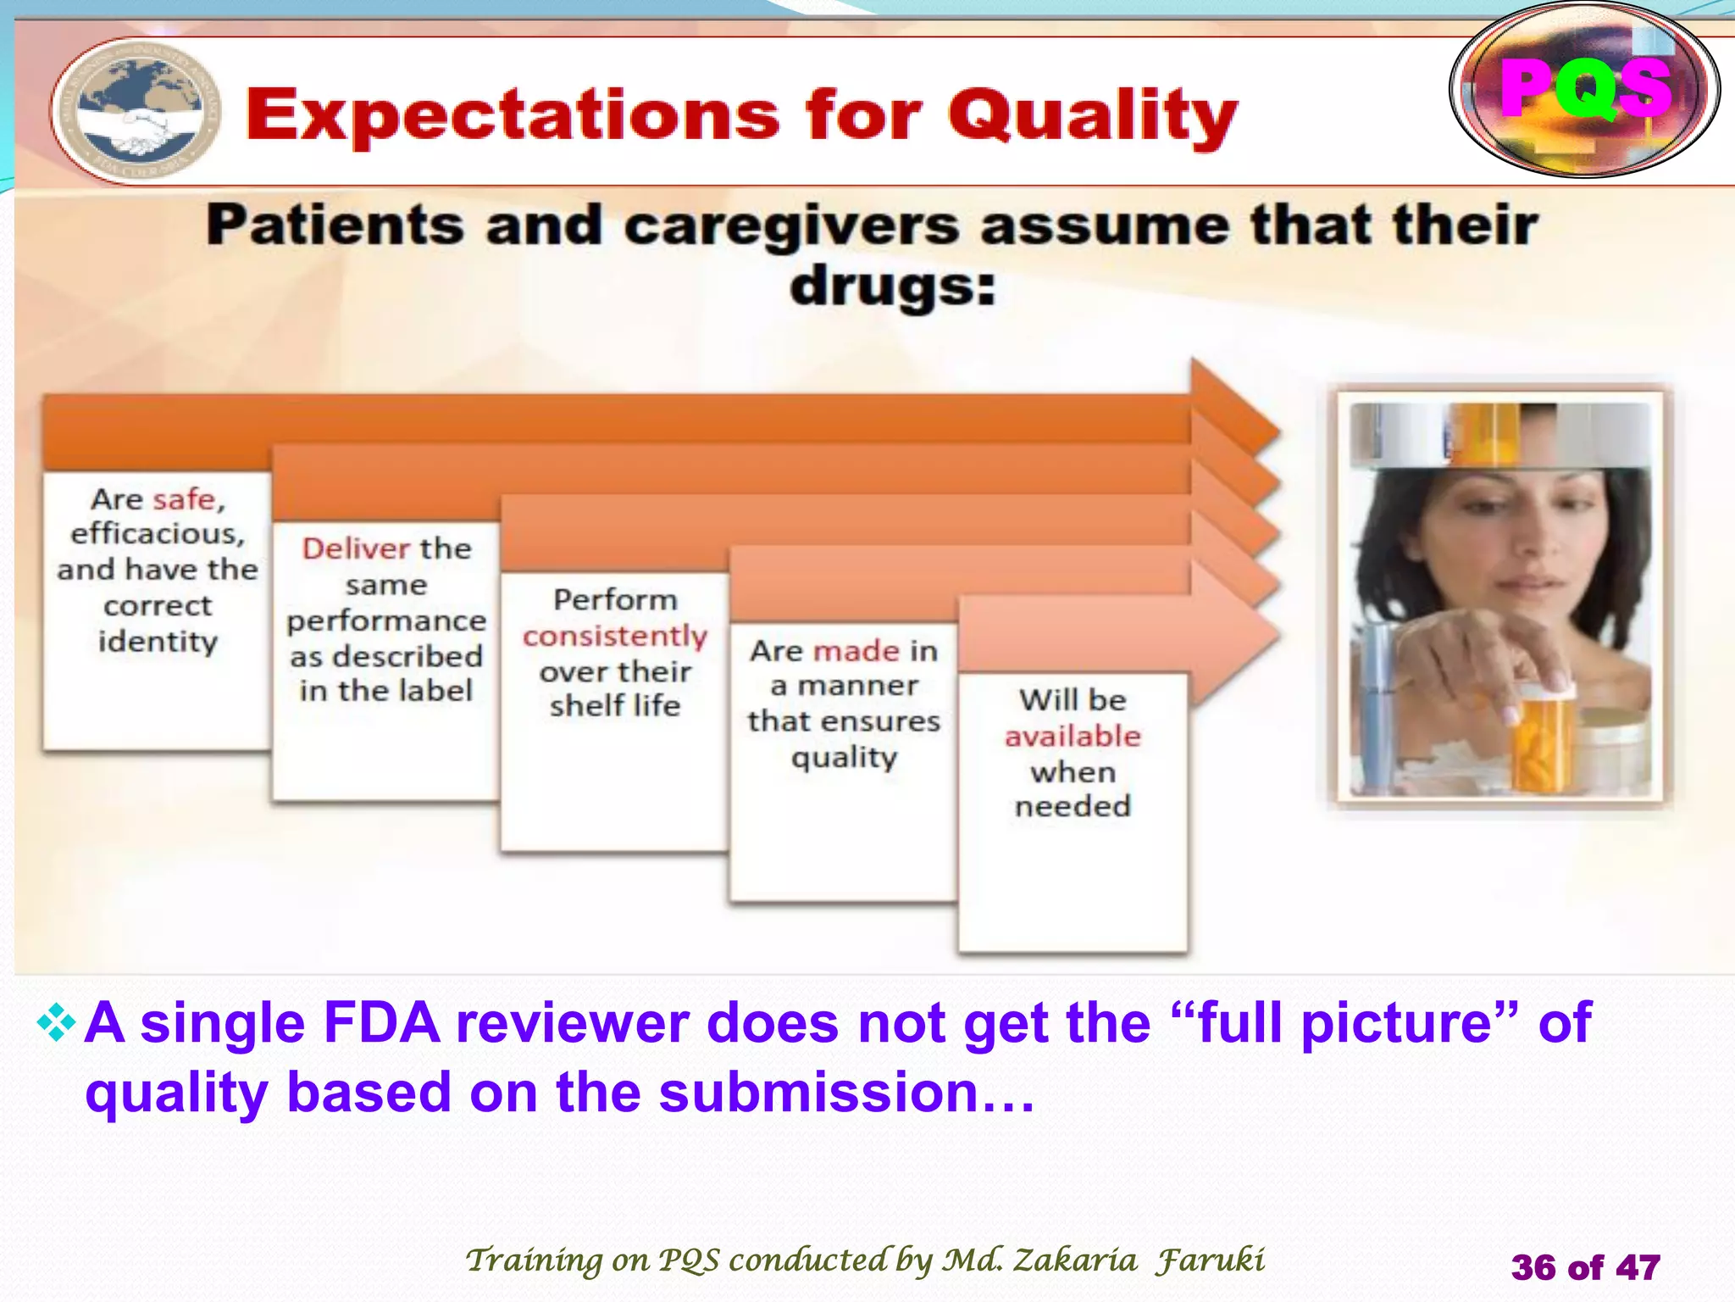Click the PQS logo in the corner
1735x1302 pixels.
[x=1584, y=90]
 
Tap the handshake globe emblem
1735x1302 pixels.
[x=136, y=113]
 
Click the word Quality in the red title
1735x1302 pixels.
[x=1093, y=116]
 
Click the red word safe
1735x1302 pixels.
[x=185, y=499]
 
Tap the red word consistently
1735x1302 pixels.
[x=614, y=636]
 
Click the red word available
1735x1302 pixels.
[x=1073, y=736]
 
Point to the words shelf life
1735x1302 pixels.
[x=614, y=705]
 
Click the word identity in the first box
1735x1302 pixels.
[x=158, y=641]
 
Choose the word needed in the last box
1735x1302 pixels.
[x=1073, y=805]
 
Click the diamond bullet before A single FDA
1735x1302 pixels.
[x=56, y=1022]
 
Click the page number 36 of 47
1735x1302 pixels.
[x=1585, y=1267]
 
